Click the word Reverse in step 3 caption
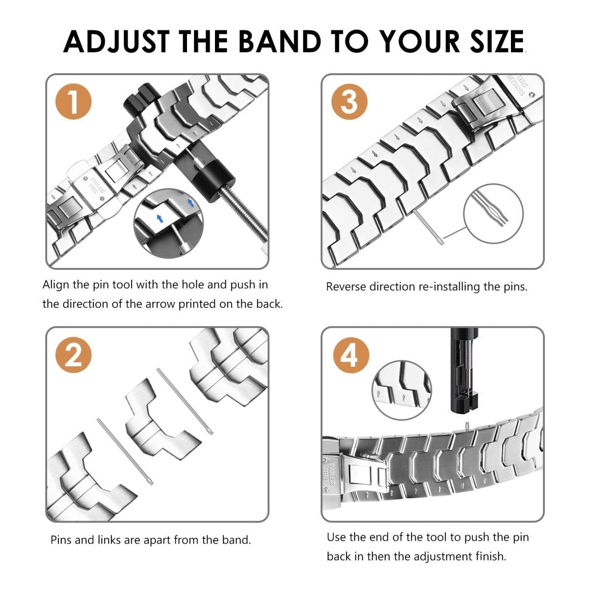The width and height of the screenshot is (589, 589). [x=346, y=287]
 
